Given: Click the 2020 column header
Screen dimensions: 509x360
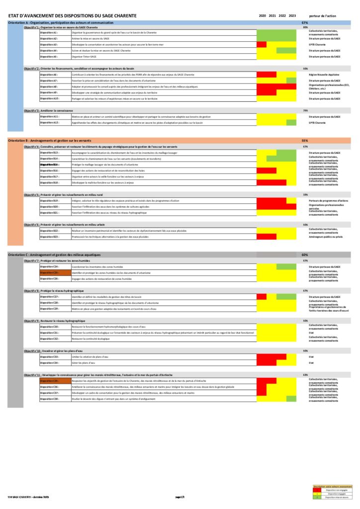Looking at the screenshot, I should tap(262, 16).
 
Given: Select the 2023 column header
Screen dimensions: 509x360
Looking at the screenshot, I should tap(292, 16).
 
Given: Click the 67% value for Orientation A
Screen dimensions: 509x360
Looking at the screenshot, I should tap(305, 23).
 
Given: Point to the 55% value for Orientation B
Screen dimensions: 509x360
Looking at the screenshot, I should tap(305, 141).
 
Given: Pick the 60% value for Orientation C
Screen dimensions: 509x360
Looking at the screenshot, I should tap(305, 254).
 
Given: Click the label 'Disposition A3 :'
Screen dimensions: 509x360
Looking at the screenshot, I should tap(49, 45).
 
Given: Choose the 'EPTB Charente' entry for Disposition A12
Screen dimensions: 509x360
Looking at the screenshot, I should tap(317, 123).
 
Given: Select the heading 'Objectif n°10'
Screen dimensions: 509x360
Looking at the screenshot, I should tap(33, 351).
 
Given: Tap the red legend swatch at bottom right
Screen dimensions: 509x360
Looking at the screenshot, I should tap(316, 490).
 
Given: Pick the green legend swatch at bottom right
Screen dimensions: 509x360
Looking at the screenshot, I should tap(316, 498).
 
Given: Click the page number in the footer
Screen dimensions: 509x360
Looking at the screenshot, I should tap(180, 497).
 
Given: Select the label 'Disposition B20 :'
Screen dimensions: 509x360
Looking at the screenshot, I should tap(49, 207).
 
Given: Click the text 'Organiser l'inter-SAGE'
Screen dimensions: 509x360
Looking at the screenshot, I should tap(85, 57).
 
